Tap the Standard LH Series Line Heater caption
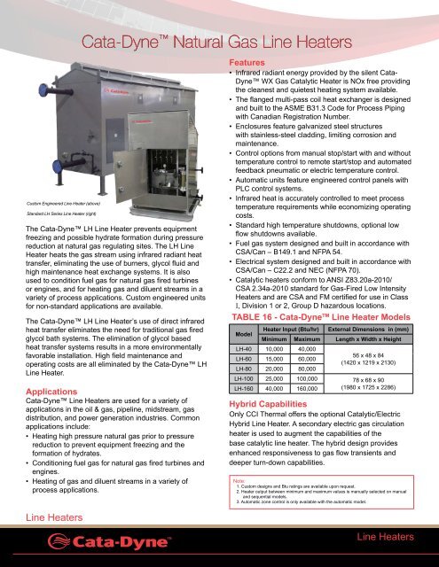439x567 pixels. click(x=54, y=215)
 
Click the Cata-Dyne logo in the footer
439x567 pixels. click(x=98, y=540)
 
